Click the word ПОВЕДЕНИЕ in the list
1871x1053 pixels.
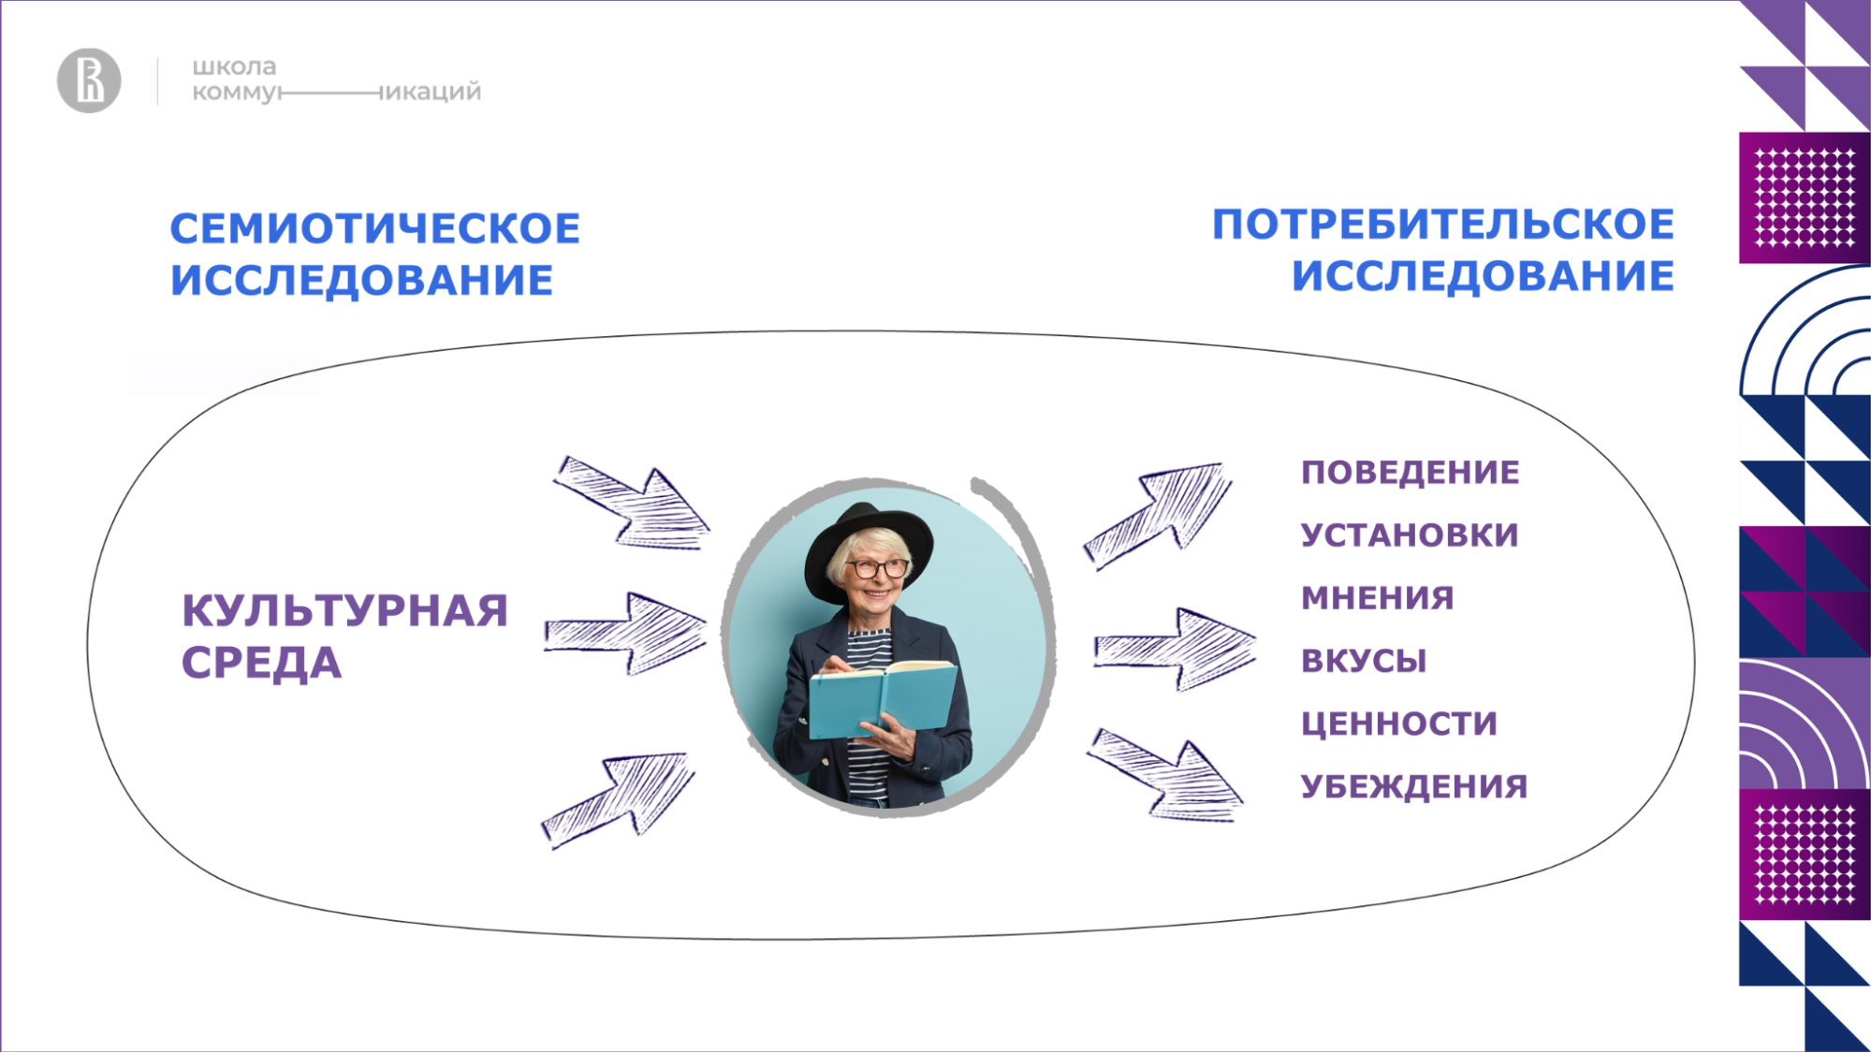coord(1411,472)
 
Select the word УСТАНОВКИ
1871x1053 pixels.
coord(1410,534)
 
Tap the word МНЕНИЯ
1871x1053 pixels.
coord(1378,597)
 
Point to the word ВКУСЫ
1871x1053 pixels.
coord(1364,661)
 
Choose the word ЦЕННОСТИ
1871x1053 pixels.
coord(1399,724)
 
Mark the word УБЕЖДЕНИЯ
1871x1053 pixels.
coord(1414,786)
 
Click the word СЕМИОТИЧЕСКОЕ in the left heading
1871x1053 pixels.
coord(375,228)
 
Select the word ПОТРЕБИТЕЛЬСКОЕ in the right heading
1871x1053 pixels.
coord(1443,225)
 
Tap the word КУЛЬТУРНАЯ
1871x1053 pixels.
coord(344,610)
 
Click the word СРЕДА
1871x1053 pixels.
coord(261,663)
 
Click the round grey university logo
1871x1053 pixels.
coord(89,80)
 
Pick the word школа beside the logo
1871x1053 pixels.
coord(234,67)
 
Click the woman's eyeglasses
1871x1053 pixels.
coord(877,568)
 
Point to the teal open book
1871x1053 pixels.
coord(883,697)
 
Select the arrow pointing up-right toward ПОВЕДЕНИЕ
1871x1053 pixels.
coord(1158,515)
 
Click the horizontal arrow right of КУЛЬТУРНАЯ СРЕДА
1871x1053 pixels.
coord(625,633)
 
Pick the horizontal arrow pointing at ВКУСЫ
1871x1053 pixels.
coord(1175,649)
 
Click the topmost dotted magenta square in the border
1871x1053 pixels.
coord(1805,197)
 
